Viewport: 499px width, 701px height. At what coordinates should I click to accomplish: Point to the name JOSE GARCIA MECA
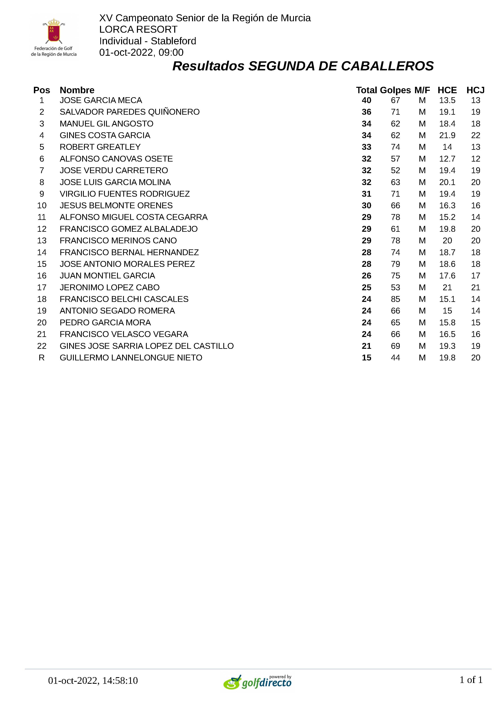(101, 100)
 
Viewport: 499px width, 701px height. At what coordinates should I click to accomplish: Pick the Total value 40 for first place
(366, 100)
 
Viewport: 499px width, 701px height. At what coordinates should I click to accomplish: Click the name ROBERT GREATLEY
(100, 147)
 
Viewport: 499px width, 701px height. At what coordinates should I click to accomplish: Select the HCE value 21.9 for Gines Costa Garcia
(447, 136)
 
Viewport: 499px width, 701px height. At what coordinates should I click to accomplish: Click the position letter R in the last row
(41, 358)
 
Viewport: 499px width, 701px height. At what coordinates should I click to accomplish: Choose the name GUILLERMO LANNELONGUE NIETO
(131, 358)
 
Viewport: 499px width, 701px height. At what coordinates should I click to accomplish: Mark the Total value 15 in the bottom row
(366, 358)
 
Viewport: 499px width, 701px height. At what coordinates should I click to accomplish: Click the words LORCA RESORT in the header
(138, 29)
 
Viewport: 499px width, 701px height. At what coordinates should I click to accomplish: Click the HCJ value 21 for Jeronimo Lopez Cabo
(475, 287)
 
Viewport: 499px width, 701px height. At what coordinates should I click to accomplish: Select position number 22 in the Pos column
(41, 346)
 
